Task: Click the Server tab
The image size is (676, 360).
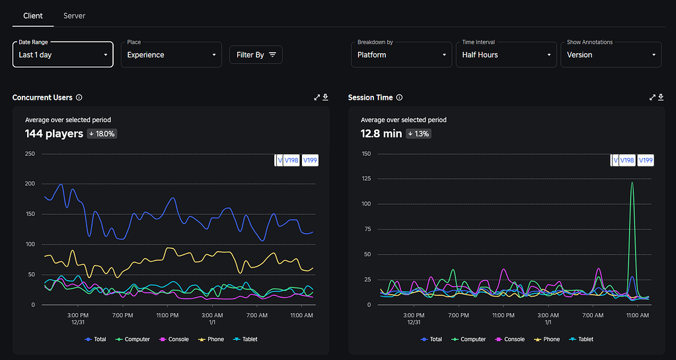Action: pyautogui.click(x=74, y=15)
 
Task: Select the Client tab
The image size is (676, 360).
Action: pyautogui.click(x=33, y=15)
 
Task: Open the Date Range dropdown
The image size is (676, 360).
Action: pyautogui.click(x=63, y=55)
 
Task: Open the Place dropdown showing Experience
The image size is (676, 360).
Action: pyautogui.click(x=172, y=55)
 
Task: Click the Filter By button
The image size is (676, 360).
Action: pyautogui.click(x=256, y=55)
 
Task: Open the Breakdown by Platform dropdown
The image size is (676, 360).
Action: pyautogui.click(x=401, y=55)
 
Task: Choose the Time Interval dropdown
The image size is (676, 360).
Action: pyautogui.click(x=506, y=55)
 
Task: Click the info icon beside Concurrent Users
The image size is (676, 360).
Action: pyautogui.click(x=79, y=98)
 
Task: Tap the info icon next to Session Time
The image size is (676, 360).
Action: pyautogui.click(x=399, y=98)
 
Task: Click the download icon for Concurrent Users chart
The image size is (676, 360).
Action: pyautogui.click(x=325, y=98)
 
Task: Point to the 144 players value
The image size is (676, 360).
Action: pyautogui.click(x=54, y=133)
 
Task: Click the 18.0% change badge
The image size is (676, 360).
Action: pyautogui.click(x=102, y=134)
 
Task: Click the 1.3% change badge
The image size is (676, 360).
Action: pyautogui.click(x=418, y=134)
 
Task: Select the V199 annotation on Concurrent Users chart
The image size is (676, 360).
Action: pyautogui.click(x=309, y=161)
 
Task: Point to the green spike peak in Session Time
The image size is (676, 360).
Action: pyautogui.click(x=632, y=183)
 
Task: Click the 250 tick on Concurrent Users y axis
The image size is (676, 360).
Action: pyautogui.click(x=30, y=154)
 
